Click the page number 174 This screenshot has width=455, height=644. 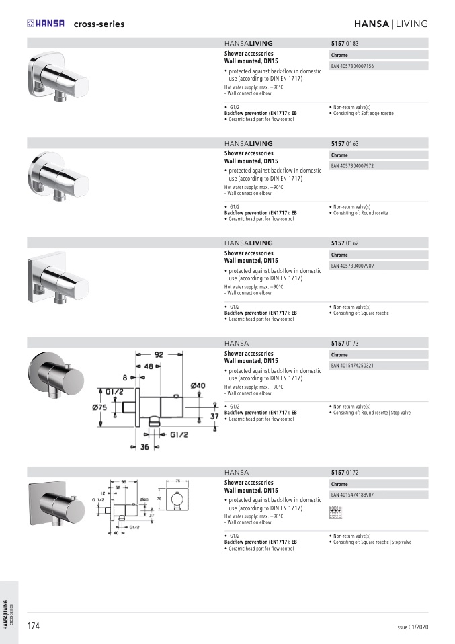point(33,626)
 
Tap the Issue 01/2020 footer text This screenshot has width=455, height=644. point(411,627)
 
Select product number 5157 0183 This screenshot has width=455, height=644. point(345,43)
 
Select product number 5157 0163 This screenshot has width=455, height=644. point(345,143)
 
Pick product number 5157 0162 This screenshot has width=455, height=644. point(345,243)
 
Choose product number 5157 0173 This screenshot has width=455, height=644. point(345,343)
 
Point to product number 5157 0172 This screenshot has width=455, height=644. point(345,472)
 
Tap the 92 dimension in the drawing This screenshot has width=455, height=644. point(159,354)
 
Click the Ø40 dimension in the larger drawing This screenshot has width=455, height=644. point(198,385)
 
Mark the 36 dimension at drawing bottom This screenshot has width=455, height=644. point(144,447)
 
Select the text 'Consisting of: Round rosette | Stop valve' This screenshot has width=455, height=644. point(372,413)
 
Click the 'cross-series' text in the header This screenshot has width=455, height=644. point(99,24)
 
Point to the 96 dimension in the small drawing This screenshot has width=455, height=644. point(124,482)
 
